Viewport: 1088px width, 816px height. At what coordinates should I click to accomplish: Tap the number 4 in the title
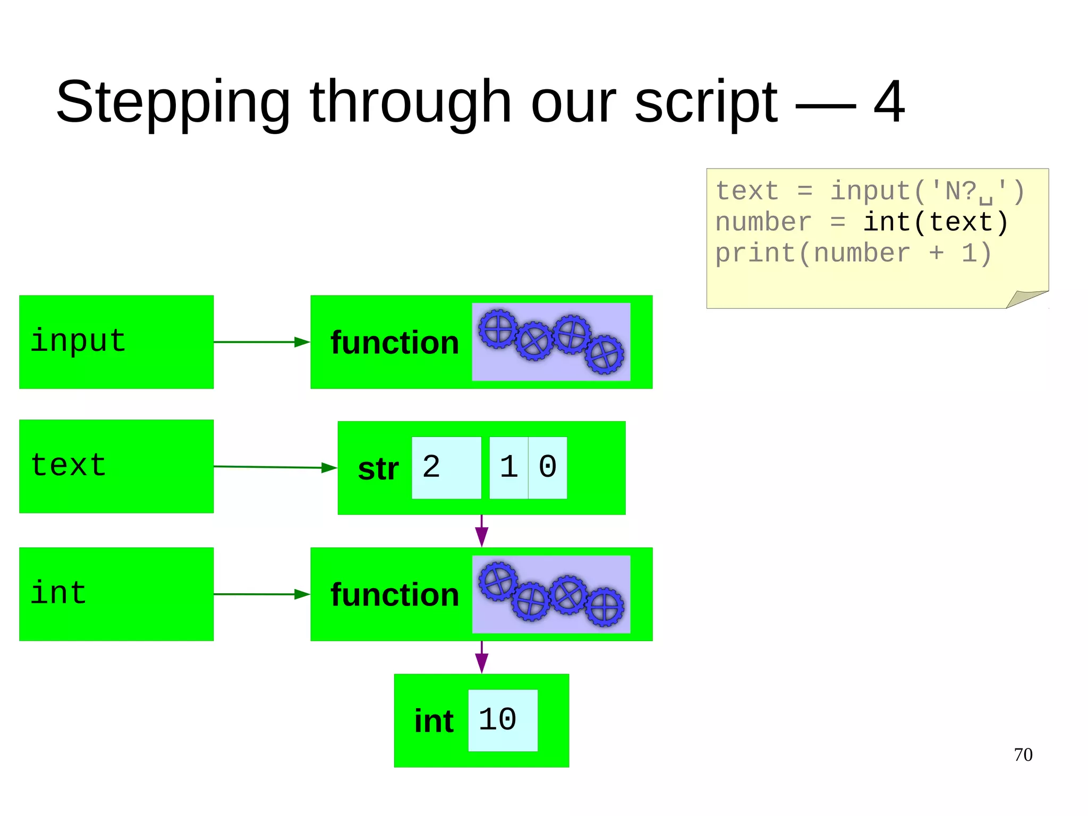[889, 102]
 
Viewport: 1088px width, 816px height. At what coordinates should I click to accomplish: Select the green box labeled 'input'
[116, 342]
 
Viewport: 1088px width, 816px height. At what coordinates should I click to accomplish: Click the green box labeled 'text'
[116, 466]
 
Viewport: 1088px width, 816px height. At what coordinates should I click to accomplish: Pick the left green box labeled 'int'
[116, 594]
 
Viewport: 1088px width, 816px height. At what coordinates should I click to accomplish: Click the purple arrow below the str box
[481, 531]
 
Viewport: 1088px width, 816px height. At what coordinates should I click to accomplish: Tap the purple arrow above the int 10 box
[481, 658]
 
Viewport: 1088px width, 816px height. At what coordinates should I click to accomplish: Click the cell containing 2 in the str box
[446, 468]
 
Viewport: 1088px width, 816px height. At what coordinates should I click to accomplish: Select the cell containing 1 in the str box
[508, 468]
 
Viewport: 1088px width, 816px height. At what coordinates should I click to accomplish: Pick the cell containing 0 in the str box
[548, 468]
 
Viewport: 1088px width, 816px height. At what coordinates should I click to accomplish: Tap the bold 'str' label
[378, 469]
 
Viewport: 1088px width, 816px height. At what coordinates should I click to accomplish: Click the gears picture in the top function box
[551, 342]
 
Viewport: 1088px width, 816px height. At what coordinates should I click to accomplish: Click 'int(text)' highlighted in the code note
[935, 222]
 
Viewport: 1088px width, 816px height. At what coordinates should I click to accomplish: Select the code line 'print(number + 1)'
[853, 253]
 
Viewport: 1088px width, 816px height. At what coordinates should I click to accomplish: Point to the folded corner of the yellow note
[1025, 299]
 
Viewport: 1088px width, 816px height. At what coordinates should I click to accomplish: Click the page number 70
[1023, 755]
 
